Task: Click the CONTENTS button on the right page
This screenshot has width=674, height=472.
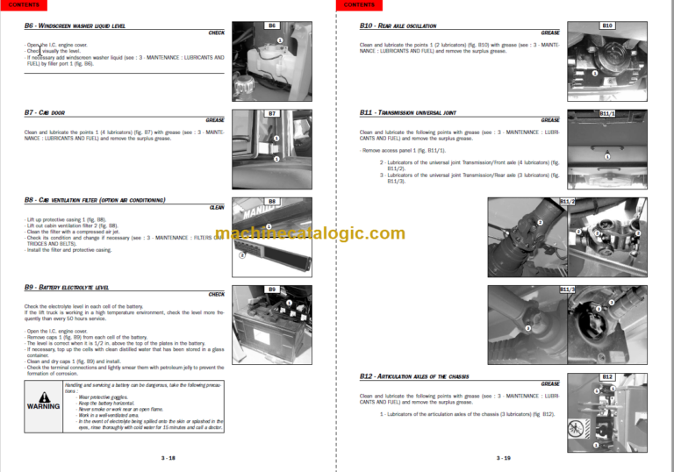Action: coord(359,4)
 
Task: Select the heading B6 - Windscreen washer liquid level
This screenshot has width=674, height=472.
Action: coord(75,25)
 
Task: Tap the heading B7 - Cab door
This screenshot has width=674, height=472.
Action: coord(45,112)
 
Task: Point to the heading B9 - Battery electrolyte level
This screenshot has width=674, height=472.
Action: coord(67,287)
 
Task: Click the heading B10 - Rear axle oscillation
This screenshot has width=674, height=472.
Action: coord(398,25)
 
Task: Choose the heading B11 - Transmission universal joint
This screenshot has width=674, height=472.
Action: coord(407,112)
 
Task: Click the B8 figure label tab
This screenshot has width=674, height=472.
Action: coord(272,201)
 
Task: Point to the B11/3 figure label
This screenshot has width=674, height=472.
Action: coord(567,289)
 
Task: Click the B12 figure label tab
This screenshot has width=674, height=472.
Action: coord(607,376)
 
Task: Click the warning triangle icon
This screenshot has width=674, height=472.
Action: coord(43,393)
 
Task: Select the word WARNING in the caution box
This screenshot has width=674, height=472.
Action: coord(43,407)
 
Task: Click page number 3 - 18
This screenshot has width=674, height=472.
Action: coord(168,458)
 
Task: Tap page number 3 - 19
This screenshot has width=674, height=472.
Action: coord(504,458)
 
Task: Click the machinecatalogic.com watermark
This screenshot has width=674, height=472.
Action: coord(310,233)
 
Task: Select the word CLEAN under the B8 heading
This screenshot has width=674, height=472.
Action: coord(217,208)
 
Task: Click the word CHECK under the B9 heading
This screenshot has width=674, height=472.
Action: coord(216,295)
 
